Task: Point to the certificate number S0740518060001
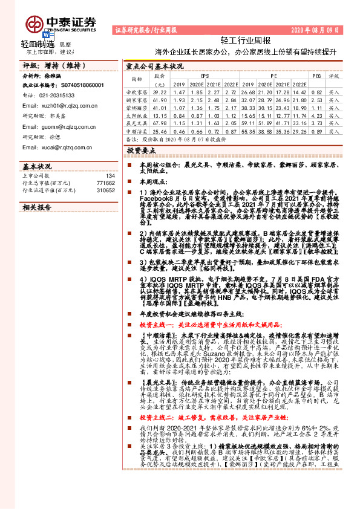[79, 86]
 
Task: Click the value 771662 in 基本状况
[105, 182]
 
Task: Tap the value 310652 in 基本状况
[105, 190]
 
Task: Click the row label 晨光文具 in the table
[137, 122]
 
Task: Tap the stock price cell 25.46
[160, 130]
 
